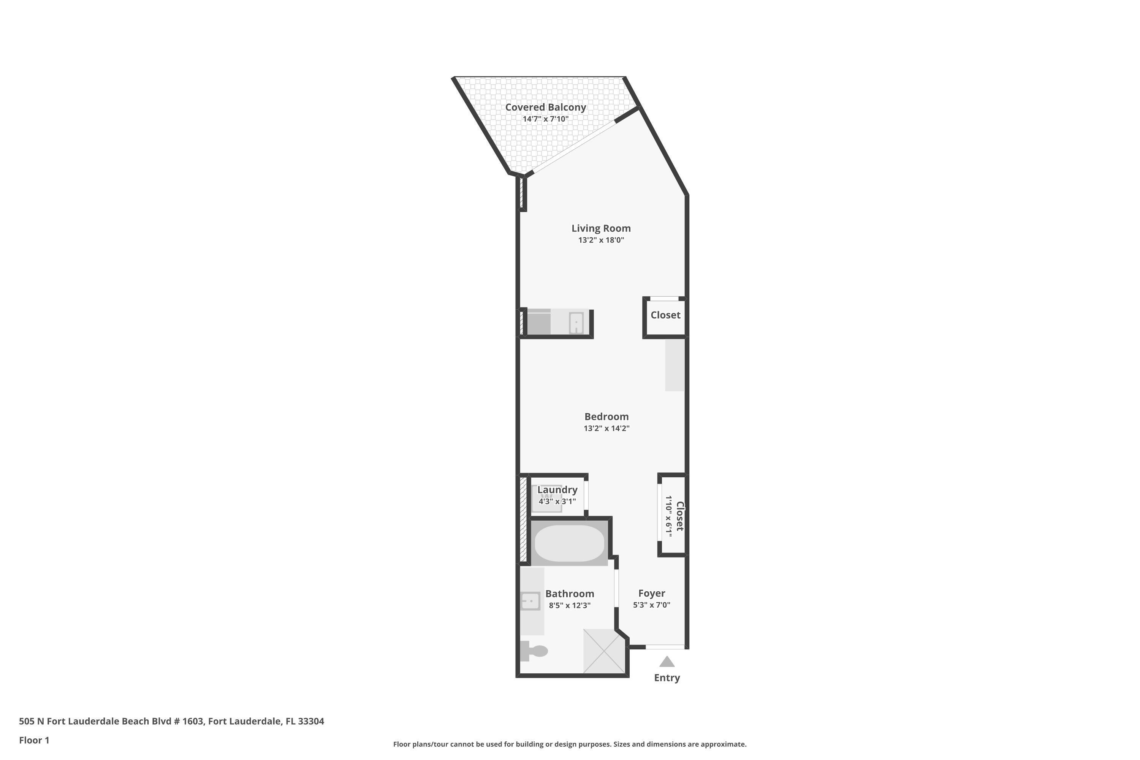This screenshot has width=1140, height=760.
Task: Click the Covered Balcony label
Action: pos(545,107)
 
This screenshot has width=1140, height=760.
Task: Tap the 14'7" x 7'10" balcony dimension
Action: pos(545,119)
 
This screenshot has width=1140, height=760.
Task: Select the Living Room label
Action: pos(601,228)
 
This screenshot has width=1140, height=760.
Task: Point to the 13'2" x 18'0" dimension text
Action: pos(601,240)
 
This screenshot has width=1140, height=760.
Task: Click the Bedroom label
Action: pos(606,416)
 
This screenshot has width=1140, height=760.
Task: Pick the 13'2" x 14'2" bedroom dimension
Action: pos(606,428)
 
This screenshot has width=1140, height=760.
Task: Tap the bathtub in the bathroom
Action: pos(570,543)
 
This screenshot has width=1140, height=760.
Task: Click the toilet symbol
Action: pos(534,651)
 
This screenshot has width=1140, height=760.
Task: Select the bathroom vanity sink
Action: pos(530,601)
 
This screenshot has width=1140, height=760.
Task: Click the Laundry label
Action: pos(557,489)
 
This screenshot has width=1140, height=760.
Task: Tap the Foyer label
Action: pos(651,593)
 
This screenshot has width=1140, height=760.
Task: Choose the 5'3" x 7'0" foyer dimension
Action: pos(651,605)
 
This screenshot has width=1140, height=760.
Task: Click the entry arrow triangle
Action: pos(667,662)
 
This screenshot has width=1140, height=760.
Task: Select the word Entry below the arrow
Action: pos(667,678)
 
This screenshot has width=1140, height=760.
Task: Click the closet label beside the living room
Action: pos(665,315)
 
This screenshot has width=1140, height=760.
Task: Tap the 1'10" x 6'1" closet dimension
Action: pos(669,516)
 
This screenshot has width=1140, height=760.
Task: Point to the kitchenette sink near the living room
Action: pos(576,323)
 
